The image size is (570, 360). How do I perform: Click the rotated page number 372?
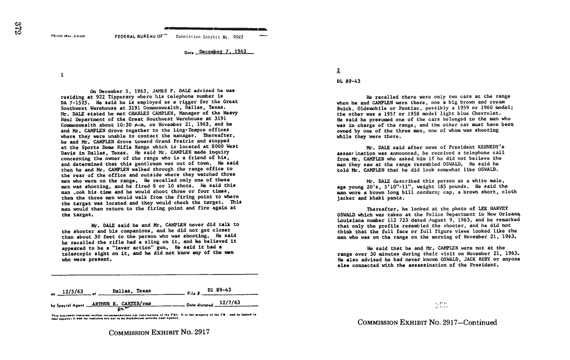click(x=17, y=28)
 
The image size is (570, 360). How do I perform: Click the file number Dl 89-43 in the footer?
click(x=220, y=291)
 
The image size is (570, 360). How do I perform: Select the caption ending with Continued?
click(x=427, y=322)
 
